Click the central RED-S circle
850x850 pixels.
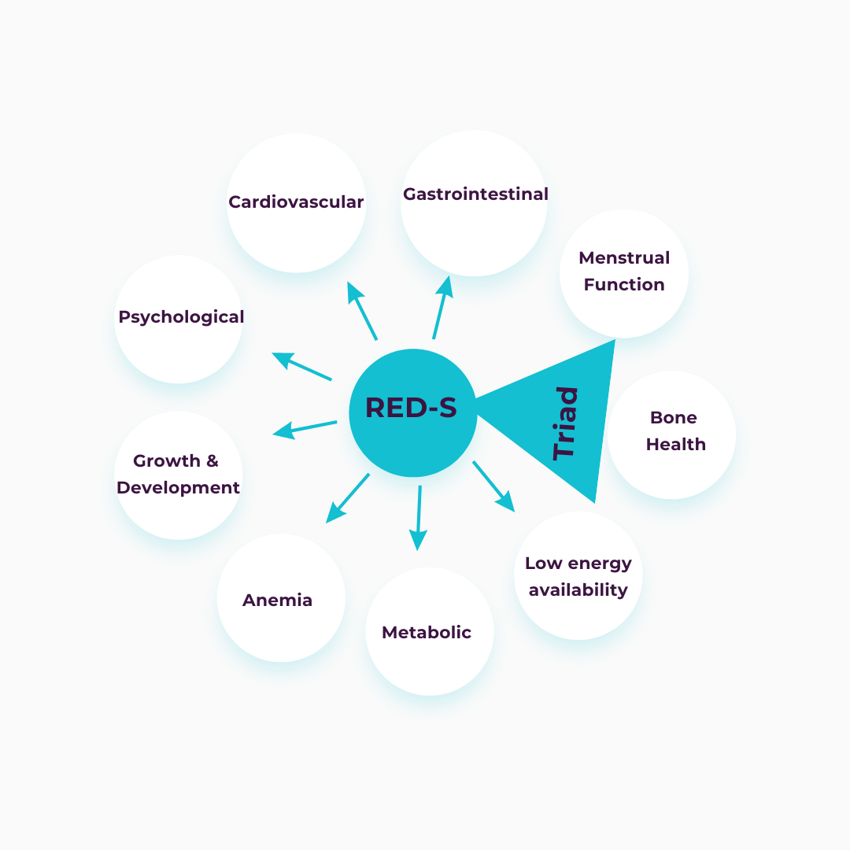[412, 412]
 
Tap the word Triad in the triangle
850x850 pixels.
[565, 423]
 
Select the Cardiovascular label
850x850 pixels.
[296, 202]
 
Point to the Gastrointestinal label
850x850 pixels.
[475, 194]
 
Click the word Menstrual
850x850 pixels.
[624, 258]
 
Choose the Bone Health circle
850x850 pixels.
[672, 434]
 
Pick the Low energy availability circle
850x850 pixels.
[578, 576]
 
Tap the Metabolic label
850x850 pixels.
[427, 632]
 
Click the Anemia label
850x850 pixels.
[277, 600]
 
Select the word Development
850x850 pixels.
[178, 487]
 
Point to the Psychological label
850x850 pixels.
[181, 316]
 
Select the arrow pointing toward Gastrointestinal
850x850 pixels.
[442, 307]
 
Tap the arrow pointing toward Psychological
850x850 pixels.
[301, 367]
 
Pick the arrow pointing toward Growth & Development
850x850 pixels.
[305, 428]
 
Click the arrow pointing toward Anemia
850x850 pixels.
[347, 497]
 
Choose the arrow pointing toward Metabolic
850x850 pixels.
[419, 518]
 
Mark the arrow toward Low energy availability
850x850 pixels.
[493, 486]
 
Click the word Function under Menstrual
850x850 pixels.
[624, 285]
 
